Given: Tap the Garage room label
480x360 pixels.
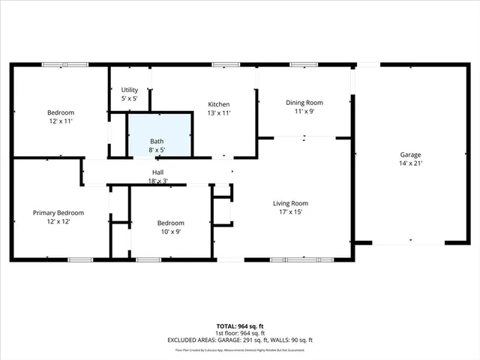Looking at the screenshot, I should pyautogui.click(x=410, y=154).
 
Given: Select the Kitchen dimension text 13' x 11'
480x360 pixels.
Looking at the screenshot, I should pyautogui.click(x=219, y=113).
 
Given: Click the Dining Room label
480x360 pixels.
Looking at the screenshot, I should pyautogui.click(x=304, y=103).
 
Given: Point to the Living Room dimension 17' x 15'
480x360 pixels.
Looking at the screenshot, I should pyautogui.click(x=289, y=212).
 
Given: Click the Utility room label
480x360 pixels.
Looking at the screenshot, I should pyautogui.click(x=130, y=90).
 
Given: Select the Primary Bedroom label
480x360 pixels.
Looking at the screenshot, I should pyautogui.click(x=58, y=213).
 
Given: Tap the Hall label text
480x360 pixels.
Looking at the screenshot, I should pyautogui.click(x=158, y=172).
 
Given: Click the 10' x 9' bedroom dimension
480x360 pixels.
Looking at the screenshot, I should pyautogui.click(x=169, y=232).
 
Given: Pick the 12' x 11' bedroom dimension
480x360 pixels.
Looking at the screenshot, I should pyautogui.click(x=61, y=121).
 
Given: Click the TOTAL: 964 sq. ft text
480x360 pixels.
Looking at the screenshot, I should pyautogui.click(x=240, y=326).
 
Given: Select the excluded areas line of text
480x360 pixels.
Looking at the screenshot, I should pyautogui.click(x=240, y=340).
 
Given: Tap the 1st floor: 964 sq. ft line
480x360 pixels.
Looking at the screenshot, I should pyautogui.click(x=240, y=333).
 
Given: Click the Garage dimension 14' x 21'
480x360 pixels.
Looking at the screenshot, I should pyautogui.click(x=410, y=163).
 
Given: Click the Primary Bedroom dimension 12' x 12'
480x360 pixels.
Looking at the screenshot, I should pyautogui.click(x=58, y=222).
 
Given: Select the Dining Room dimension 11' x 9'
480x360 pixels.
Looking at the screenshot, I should pyautogui.click(x=304, y=112).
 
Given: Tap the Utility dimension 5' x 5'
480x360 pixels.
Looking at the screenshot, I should pyautogui.click(x=130, y=99).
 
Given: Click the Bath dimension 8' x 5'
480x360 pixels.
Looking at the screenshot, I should pyautogui.click(x=157, y=150).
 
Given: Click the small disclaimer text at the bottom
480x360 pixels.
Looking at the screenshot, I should pyautogui.click(x=240, y=349).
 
